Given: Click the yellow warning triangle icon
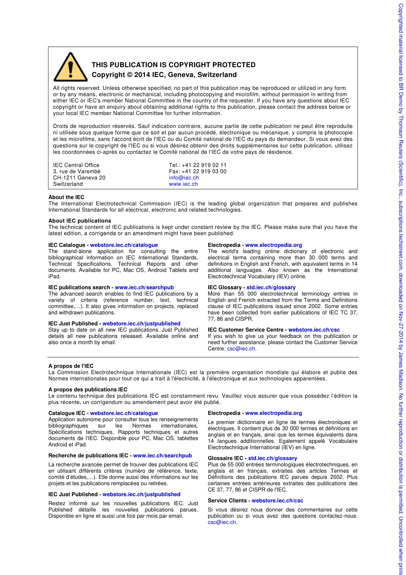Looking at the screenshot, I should pos(65,68).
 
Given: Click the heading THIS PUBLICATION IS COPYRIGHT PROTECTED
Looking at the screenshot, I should pos(174,65).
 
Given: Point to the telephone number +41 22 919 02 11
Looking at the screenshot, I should pos(204,165).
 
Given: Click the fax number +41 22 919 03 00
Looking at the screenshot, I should pos(204,172).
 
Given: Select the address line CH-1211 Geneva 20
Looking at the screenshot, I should pos(79,178).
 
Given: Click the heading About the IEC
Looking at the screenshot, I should pos(66,197).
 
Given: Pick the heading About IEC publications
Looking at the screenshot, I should pos(79,221).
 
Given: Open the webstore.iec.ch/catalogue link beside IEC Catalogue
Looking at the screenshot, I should pos(124,245).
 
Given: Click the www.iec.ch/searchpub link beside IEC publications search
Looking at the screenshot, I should pos(144,287).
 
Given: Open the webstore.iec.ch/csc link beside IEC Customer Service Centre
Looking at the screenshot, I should pos(314,330).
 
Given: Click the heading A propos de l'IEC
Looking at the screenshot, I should pos(71,366).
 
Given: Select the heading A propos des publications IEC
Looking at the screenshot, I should pos(88,390).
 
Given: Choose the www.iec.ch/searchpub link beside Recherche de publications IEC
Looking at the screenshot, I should pos(162,456).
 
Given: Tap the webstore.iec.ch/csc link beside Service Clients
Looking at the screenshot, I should pos(277,501).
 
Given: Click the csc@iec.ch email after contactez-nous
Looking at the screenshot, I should pos(222,522).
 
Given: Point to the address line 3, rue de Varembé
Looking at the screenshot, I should pos(76,172).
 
